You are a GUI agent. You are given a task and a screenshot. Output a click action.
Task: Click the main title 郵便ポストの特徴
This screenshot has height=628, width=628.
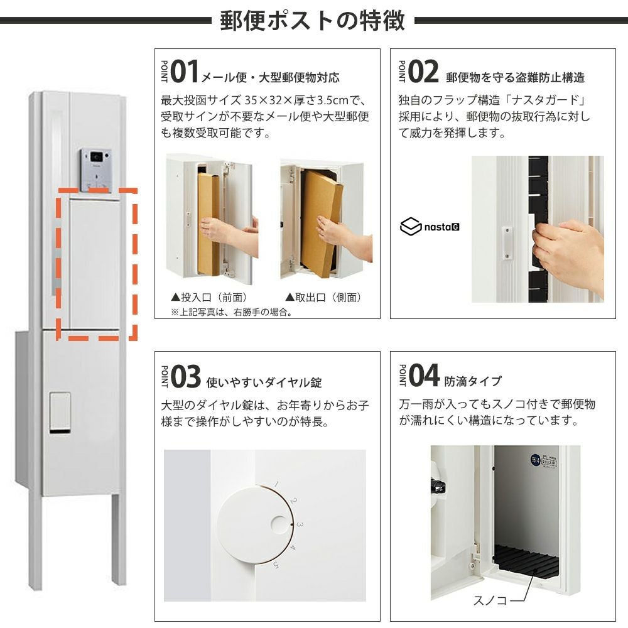(x=312, y=21)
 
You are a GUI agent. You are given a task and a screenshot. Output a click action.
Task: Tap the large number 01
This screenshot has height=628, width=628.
(x=184, y=72)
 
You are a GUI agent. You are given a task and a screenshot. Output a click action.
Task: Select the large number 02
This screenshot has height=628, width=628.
(x=423, y=72)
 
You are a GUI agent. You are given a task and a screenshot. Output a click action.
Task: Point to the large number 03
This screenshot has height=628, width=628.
(x=185, y=377)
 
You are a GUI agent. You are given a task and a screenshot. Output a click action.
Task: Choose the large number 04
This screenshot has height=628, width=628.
(x=424, y=376)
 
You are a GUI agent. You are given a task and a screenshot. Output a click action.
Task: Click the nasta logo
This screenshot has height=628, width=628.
(x=430, y=226)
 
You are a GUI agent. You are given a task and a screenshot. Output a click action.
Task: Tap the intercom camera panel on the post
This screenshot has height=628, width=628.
(x=95, y=170)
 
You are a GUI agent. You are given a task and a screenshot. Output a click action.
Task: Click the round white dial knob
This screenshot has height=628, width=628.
(x=256, y=524)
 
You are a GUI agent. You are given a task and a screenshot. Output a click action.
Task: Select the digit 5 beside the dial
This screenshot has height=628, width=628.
(x=276, y=565)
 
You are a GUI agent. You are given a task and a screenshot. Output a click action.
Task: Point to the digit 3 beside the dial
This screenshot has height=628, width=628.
(x=300, y=524)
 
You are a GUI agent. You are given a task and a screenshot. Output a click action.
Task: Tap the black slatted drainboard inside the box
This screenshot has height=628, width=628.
(x=526, y=560)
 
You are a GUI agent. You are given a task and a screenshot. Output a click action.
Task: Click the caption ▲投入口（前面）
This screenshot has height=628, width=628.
(x=208, y=297)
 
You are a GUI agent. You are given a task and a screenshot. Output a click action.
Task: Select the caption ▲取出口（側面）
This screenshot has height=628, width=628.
(x=323, y=297)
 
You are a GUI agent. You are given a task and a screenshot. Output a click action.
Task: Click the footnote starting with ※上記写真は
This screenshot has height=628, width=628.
(x=231, y=312)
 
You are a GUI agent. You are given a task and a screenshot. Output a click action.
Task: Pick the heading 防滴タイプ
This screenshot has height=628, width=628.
(x=473, y=381)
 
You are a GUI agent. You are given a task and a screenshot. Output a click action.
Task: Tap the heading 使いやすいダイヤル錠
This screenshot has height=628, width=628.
(x=264, y=382)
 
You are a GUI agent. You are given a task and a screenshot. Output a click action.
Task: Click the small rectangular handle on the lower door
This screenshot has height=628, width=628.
(x=60, y=413)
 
